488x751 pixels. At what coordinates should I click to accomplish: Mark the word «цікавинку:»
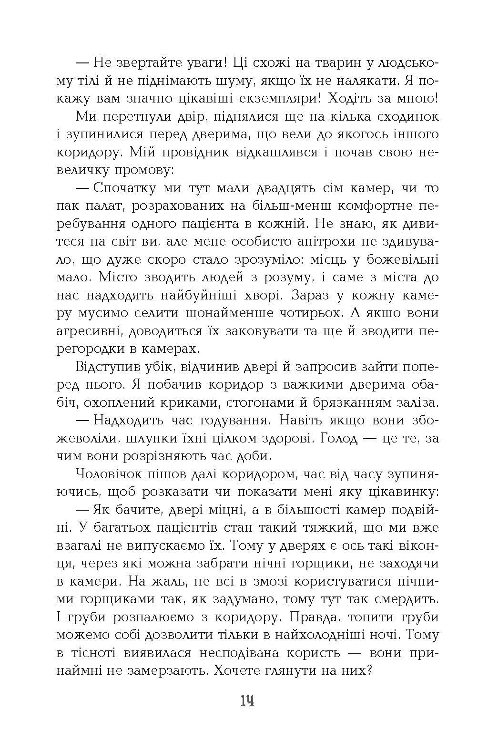point(394,492)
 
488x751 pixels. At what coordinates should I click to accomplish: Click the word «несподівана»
point(233,653)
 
